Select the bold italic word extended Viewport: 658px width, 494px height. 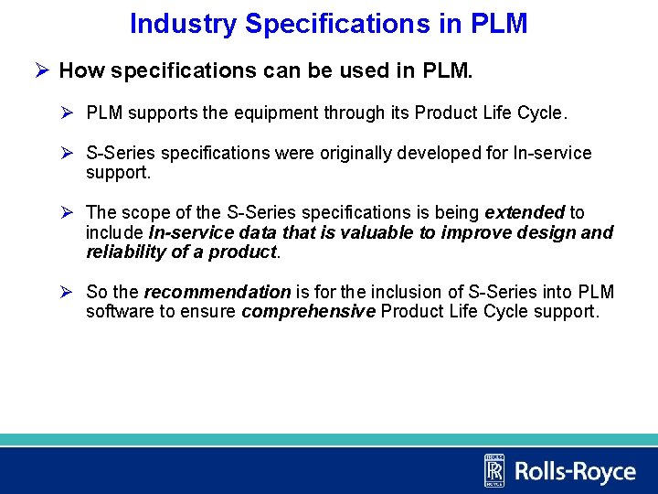point(524,212)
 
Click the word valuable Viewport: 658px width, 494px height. point(379,232)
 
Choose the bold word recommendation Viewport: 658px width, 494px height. point(217,292)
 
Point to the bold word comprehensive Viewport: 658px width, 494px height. point(308,311)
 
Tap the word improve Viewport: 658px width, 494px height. point(476,232)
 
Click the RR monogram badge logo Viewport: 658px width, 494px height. point(493,470)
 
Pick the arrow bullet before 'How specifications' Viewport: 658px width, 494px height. point(42,70)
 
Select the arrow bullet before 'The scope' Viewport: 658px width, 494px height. point(68,212)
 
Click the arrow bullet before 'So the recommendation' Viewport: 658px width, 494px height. point(68,292)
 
